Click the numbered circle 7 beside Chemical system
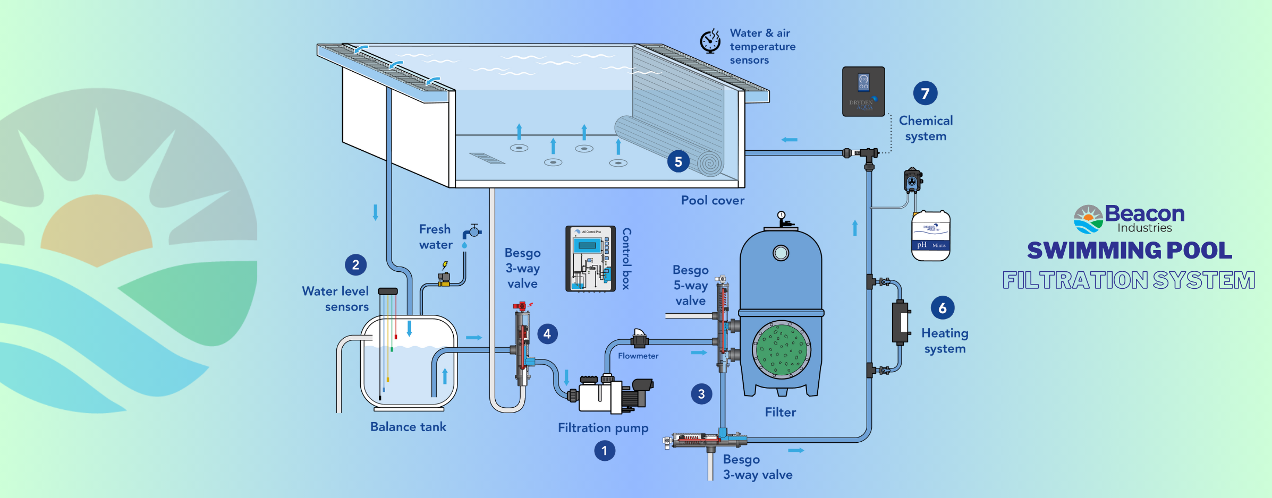tap(925, 93)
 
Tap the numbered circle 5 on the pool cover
tap(678, 161)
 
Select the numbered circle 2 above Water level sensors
tap(355, 264)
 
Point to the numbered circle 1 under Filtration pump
tap(604, 451)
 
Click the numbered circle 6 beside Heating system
tap(942, 308)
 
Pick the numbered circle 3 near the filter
tap(701, 394)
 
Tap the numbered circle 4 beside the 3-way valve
tap(547, 334)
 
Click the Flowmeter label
tap(638, 356)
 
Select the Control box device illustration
tap(590, 259)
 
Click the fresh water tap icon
tap(472, 232)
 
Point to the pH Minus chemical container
tap(930, 236)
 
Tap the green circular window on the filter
tap(781, 349)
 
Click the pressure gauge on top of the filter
tap(781, 216)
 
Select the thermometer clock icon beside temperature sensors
tap(710, 41)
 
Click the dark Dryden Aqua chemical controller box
tap(863, 91)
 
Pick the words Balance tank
tap(408, 427)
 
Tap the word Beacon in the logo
tap(1144, 213)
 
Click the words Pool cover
tap(713, 200)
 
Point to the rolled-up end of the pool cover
tap(710, 163)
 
